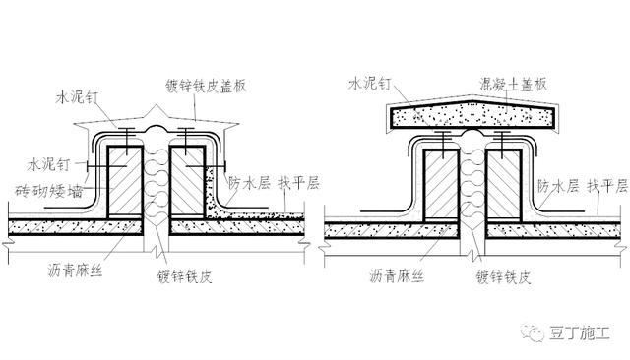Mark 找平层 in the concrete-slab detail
tap(606, 184)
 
